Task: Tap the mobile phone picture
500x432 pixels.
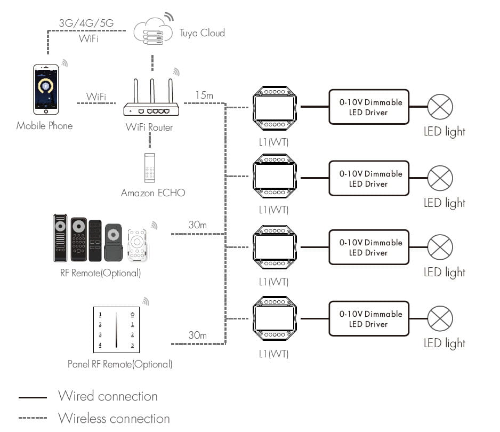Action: click(x=46, y=89)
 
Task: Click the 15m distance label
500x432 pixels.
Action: click(x=204, y=95)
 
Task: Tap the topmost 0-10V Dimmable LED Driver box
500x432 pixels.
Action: click(x=368, y=107)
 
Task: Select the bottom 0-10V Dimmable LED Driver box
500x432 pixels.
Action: click(x=368, y=319)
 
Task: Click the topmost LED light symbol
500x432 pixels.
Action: click(x=440, y=107)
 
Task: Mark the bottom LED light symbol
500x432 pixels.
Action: click(x=440, y=319)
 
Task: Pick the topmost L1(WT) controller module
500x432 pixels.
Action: click(x=274, y=107)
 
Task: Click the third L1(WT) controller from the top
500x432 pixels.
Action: click(x=274, y=247)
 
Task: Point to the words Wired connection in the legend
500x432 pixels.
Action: click(x=108, y=396)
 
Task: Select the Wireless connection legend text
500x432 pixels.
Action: click(x=114, y=418)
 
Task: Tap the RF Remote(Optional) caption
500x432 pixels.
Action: click(x=101, y=273)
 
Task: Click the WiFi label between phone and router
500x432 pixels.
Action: click(x=96, y=97)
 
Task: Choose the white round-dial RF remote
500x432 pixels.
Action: click(x=137, y=245)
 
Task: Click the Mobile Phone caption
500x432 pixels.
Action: click(x=44, y=126)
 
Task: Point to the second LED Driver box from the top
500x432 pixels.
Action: click(x=368, y=179)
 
